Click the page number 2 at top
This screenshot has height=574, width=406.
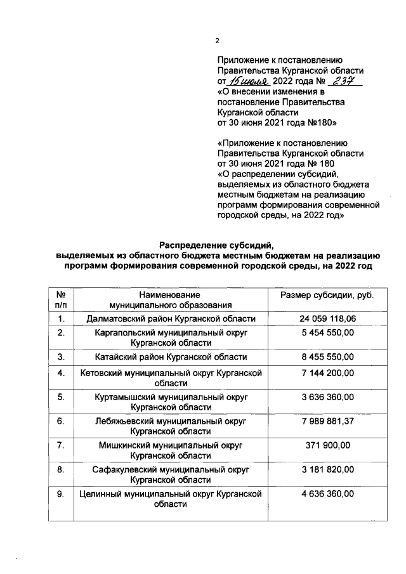pos(217,41)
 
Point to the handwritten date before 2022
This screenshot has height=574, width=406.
pos(250,82)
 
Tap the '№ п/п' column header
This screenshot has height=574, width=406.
pos(62,300)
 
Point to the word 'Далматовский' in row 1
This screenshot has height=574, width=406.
pos(115,318)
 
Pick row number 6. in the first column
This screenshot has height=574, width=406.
pos(62,421)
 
